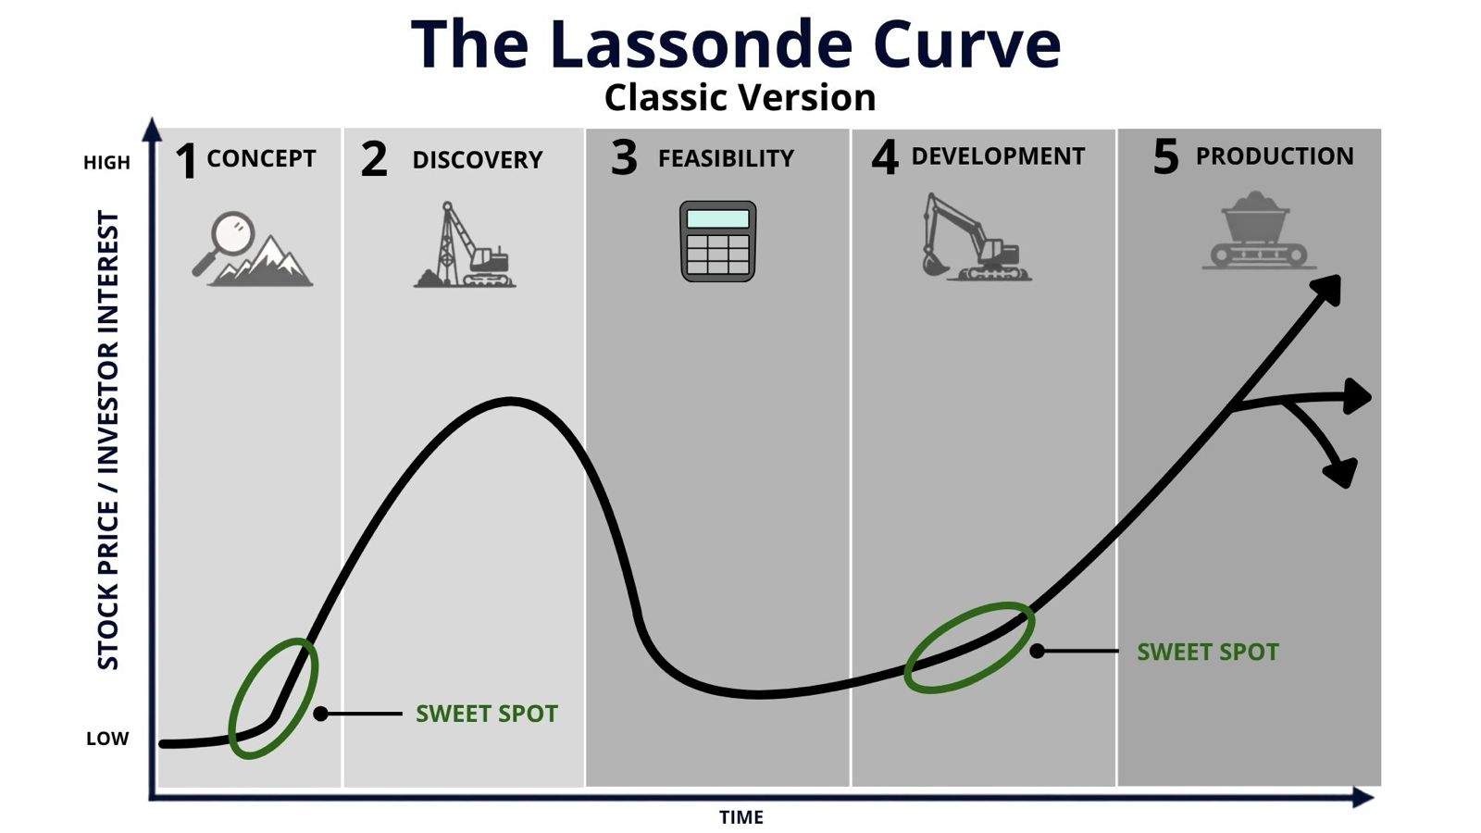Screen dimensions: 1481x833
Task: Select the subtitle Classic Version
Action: (740, 98)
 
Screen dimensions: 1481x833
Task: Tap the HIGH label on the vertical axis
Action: (107, 163)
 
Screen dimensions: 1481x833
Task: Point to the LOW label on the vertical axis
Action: (107, 739)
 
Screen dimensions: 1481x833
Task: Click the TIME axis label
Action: (741, 818)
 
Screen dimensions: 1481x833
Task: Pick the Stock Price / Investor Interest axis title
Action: (108, 441)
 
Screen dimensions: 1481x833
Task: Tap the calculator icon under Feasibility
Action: (718, 242)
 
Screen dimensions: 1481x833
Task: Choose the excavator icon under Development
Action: (977, 237)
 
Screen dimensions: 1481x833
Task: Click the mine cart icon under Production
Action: (1258, 230)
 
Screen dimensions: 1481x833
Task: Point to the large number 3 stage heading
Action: (624, 158)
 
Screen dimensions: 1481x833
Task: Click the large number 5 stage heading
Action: (1165, 157)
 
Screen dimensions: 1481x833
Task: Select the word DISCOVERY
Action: (478, 160)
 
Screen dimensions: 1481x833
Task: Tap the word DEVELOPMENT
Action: (999, 156)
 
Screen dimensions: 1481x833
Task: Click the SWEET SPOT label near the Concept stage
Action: (487, 714)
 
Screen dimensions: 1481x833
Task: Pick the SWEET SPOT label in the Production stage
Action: (1208, 653)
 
